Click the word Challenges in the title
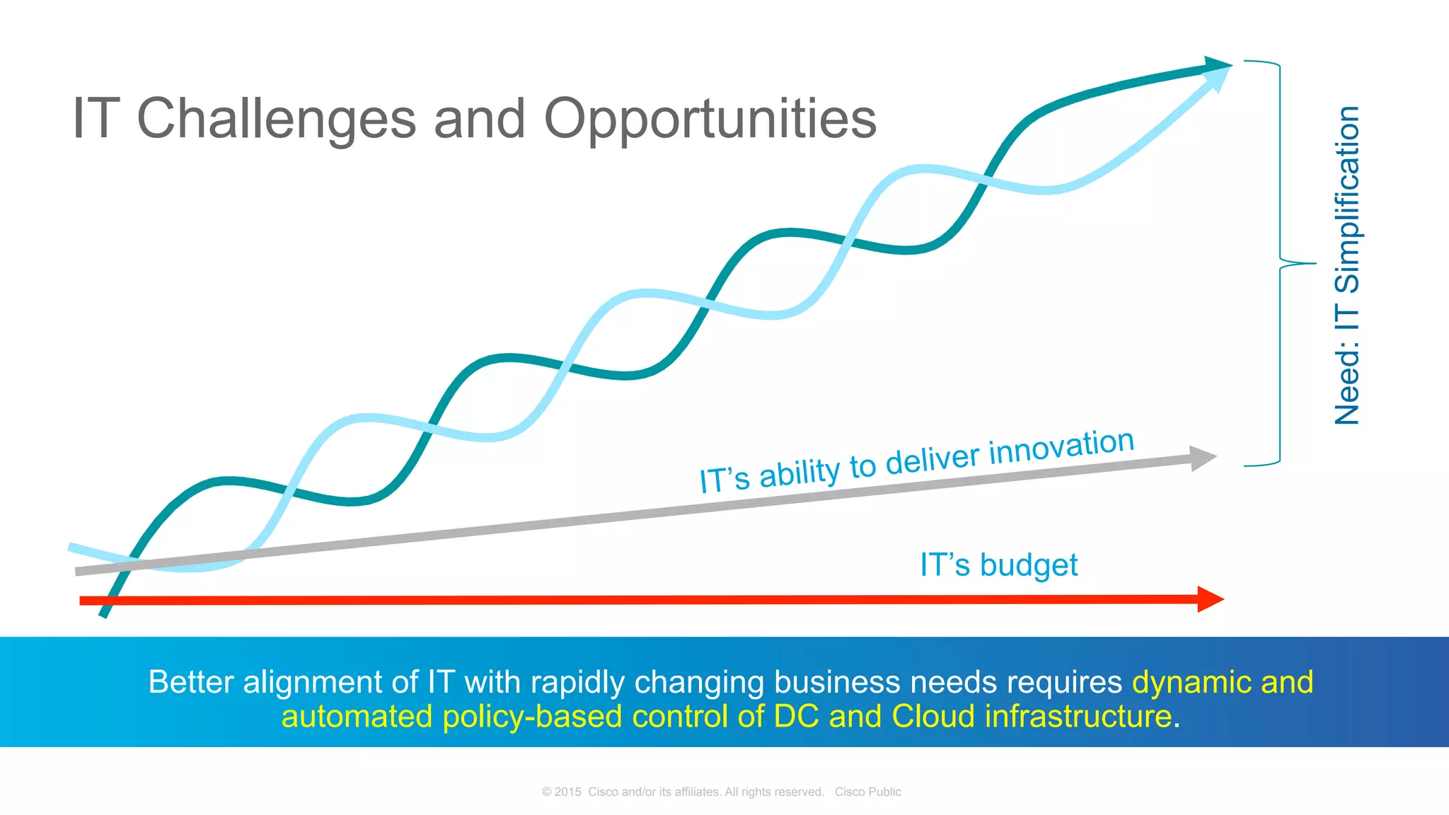click(276, 119)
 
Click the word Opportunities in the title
click(710, 119)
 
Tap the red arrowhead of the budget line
click(1211, 599)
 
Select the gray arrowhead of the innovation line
click(1202, 458)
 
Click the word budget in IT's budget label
click(1029, 565)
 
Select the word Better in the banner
click(191, 682)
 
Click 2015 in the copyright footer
click(567, 792)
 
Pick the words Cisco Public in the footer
click(867, 792)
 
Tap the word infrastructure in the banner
click(1078, 716)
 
